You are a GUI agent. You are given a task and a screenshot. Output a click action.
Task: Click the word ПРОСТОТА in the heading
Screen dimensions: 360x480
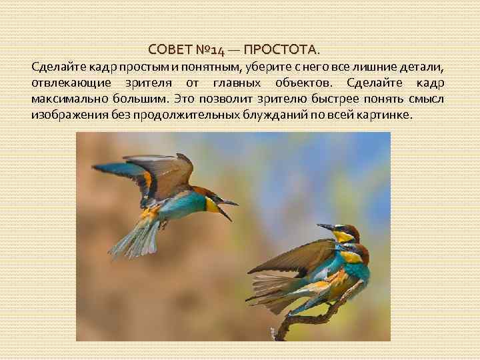point(286,51)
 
